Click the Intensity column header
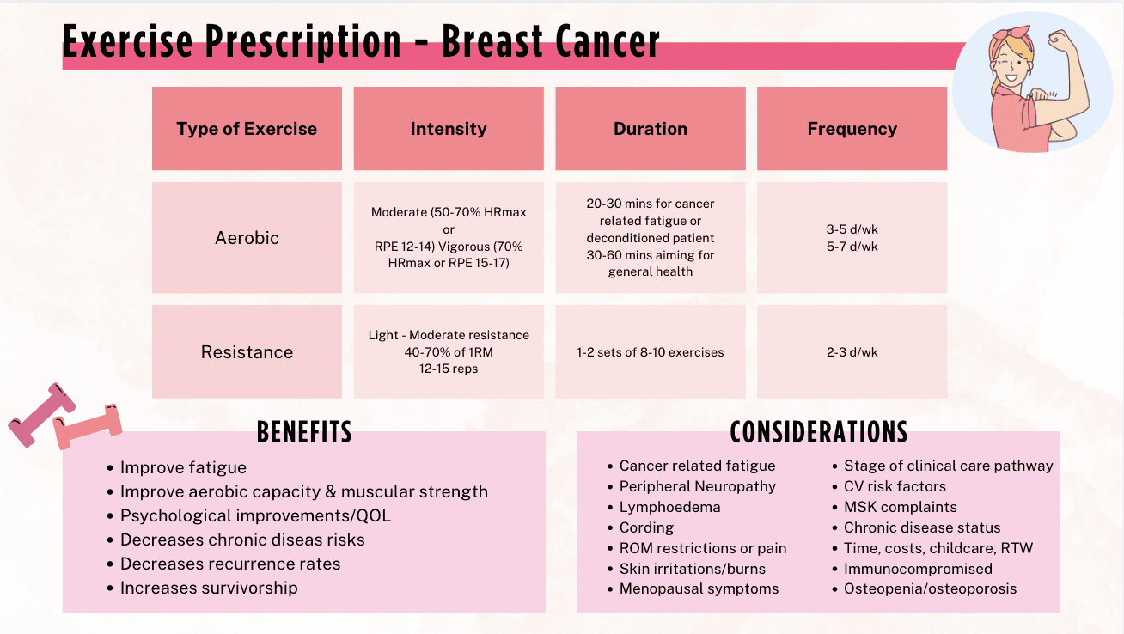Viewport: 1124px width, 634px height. (x=449, y=129)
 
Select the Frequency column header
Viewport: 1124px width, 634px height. (x=852, y=129)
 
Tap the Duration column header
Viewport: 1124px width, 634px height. (x=651, y=129)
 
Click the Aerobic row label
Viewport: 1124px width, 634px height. (x=247, y=238)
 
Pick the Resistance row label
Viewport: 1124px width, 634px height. (x=247, y=352)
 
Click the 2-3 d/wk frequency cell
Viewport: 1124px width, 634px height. (x=852, y=352)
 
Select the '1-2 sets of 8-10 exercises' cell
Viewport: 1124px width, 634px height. (x=651, y=352)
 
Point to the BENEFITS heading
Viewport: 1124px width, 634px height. (x=304, y=432)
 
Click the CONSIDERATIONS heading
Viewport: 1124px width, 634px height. (x=819, y=432)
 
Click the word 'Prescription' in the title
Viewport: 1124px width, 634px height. (x=303, y=42)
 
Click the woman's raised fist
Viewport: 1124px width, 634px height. (x=1060, y=41)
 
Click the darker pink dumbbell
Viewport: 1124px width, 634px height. (x=41, y=414)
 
